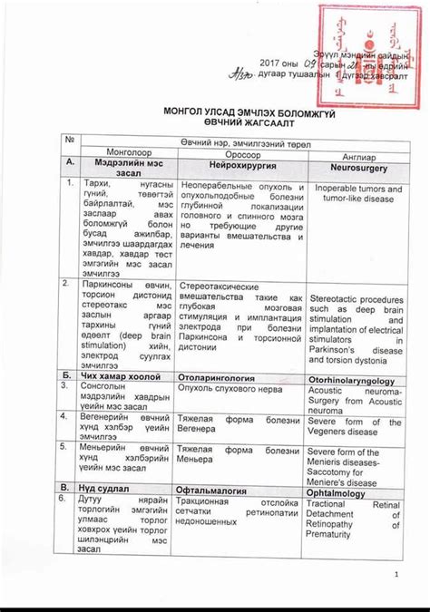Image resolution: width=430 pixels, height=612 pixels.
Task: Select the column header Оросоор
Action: point(237,153)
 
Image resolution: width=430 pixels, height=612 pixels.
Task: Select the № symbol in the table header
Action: point(67,140)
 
